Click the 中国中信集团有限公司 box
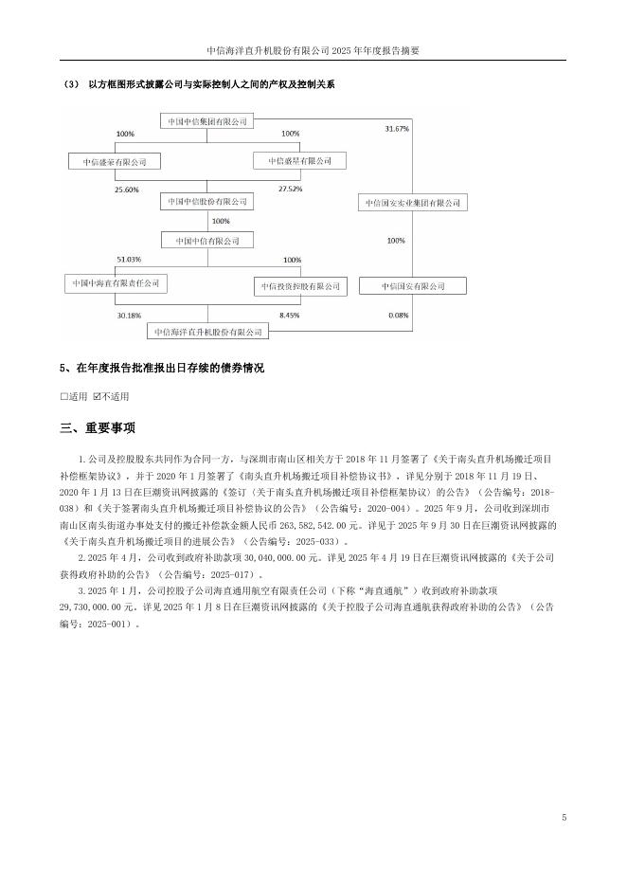point(207,121)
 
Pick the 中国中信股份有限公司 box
point(207,202)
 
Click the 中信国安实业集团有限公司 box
point(413,203)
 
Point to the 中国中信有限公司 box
point(207,241)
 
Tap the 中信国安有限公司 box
point(413,285)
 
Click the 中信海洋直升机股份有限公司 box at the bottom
point(207,332)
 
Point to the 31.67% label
point(398,128)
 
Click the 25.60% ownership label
point(127,190)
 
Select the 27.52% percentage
point(290,190)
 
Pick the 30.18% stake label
point(128,314)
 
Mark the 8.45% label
point(290,314)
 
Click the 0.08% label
point(398,314)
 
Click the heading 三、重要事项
point(98,427)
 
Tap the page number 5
point(564,817)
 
